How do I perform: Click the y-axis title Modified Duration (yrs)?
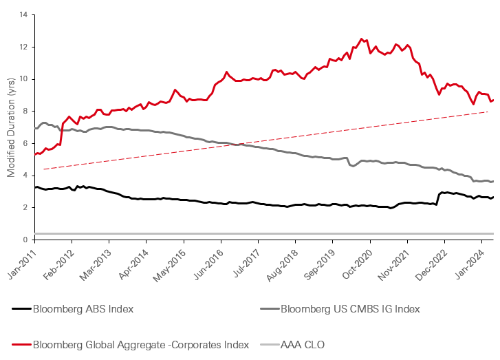tap(11, 127)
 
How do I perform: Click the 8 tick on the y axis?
tap(26, 111)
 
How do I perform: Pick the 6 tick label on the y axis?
tap(26, 143)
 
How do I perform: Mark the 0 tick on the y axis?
tap(26, 240)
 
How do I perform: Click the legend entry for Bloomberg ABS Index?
tap(83, 308)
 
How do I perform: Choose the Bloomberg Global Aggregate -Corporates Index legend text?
tap(131, 343)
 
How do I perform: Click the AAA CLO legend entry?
tap(303, 343)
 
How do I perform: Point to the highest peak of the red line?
tap(361, 39)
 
